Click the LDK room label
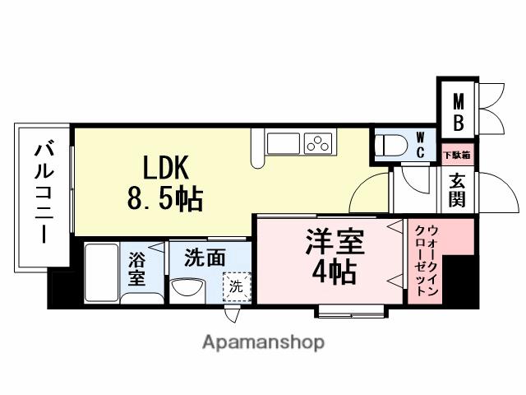tap(167, 168)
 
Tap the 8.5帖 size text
tap(164, 199)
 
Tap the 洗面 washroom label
tap(204, 258)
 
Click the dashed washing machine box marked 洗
tap(236, 288)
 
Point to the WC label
tap(420, 145)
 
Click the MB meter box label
tap(459, 112)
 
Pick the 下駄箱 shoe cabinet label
tap(456, 155)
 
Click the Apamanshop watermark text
tap(263, 342)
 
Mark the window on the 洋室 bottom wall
tap(350, 310)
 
